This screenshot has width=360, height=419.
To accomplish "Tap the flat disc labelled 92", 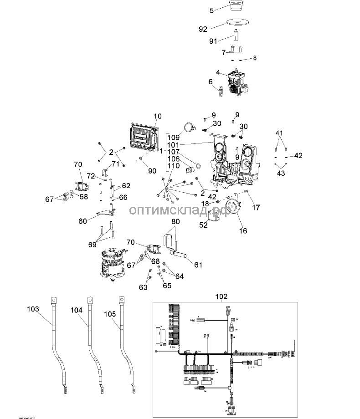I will coord(237,24).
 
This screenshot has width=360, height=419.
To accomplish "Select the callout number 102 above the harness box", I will coord(221,296).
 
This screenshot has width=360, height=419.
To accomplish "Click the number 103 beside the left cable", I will coord(33,309).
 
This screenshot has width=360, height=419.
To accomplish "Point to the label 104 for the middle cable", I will coord(77,310).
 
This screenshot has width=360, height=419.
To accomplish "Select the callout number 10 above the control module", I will coord(158,117).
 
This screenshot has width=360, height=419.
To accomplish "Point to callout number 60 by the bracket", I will coord(82,221).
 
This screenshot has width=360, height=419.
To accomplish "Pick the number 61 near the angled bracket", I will coord(198,265).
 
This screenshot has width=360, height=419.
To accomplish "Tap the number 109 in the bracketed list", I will coord(173,138).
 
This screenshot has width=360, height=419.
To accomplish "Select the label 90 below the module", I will coord(152,170).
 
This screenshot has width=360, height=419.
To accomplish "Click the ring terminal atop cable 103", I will coord(54,300).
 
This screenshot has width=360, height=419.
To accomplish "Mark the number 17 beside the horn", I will coord(256,208).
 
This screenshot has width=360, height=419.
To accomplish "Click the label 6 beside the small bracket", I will coord(211,82).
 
